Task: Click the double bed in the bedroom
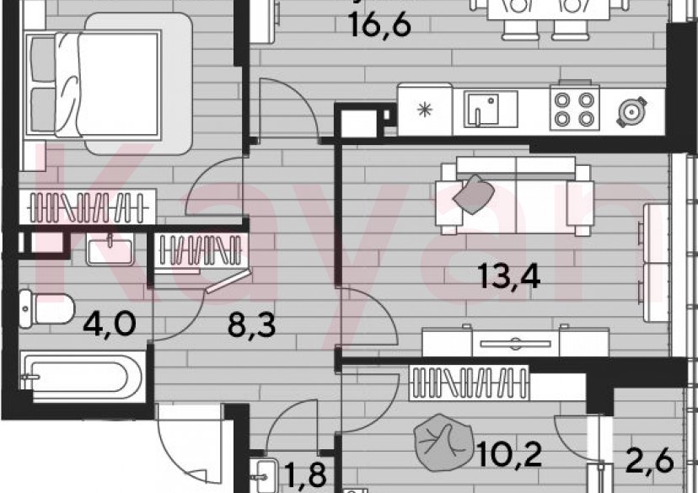click(x=94, y=84)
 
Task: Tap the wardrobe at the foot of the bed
click(x=89, y=206)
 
